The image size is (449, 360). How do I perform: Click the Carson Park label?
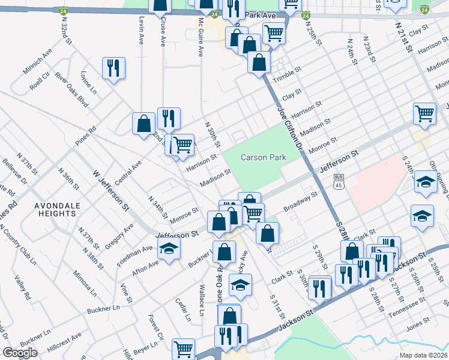tap(262, 157)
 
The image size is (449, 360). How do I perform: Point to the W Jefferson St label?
tap(111, 191)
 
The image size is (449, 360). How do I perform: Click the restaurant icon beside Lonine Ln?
tap(113, 68)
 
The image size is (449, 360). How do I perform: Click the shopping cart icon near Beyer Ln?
tap(183, 348)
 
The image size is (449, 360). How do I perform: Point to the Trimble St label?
tap(286, 77)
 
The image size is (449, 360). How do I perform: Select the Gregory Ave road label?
tap(118, 237)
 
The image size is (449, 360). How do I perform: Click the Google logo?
tap(20, 353)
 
